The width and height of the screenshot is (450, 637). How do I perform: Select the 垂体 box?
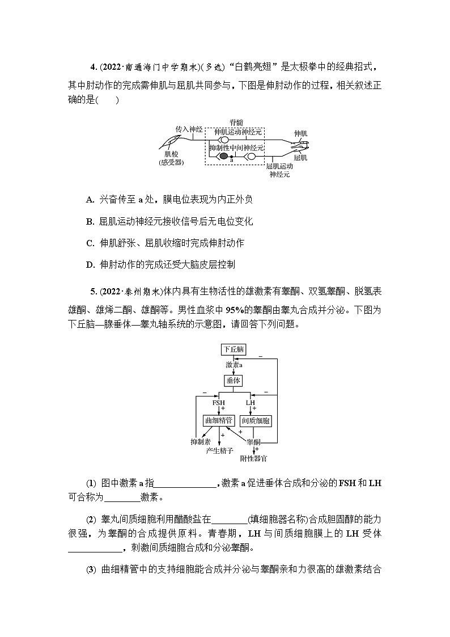point(234,381)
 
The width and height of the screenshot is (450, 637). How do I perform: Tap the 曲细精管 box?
point(218,420)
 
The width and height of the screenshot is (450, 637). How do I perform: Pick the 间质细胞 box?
point(256,420)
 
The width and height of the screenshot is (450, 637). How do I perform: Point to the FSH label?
point(219,402)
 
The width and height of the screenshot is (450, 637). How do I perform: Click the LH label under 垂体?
point(251,402)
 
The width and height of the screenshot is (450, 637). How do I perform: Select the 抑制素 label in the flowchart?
point(201,441)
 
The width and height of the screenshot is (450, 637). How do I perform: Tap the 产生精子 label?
point(220,450)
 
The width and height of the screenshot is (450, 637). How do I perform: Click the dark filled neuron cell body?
point(224,156)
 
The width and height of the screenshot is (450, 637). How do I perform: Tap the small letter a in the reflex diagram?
point(231,161)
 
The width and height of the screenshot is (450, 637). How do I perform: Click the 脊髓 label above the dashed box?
point(236,123)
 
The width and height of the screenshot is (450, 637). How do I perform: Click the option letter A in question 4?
point(90,199)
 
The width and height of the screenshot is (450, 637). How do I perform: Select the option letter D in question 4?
point(90,264)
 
